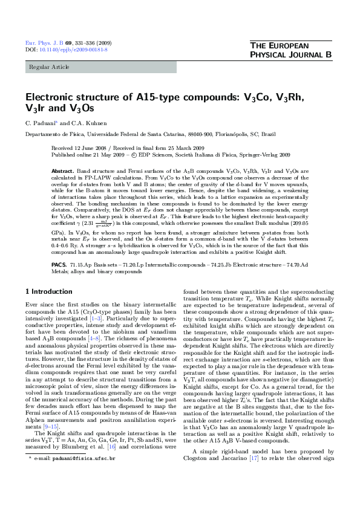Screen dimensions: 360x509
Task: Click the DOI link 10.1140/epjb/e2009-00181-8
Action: point(73,50)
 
